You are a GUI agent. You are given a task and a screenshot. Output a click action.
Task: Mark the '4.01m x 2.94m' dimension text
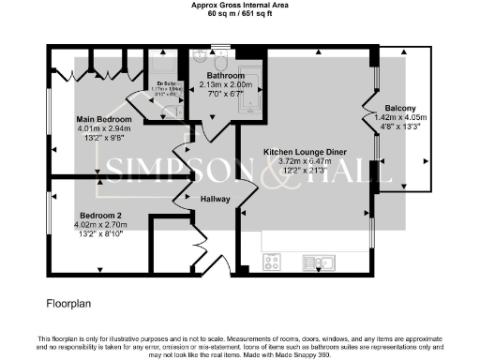point(111,129)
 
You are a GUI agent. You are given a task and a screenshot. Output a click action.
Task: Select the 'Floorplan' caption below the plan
point(68,305)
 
